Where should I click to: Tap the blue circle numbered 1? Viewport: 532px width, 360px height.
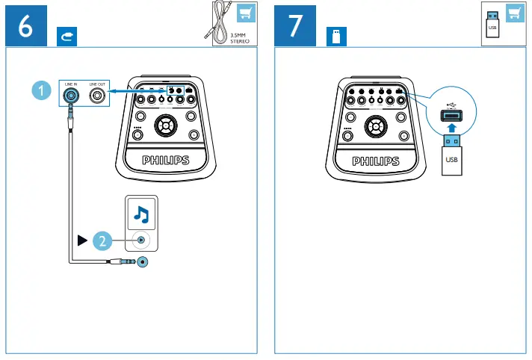44,90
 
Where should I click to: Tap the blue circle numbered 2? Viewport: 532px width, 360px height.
105,240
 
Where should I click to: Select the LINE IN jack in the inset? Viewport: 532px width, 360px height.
71,96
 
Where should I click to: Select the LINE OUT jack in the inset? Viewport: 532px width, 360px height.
97,96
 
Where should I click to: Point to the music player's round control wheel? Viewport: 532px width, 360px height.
140,240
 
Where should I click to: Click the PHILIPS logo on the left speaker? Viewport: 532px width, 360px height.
166,161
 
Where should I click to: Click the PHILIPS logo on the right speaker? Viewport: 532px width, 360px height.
376,161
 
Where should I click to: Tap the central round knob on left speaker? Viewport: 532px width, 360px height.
165,127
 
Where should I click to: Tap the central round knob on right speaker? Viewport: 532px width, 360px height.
375,127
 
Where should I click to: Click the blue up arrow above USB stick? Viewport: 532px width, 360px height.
451,128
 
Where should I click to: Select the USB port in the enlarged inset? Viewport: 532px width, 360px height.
451,115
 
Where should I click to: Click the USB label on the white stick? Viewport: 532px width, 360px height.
451,159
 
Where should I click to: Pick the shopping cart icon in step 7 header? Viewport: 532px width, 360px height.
514,13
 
